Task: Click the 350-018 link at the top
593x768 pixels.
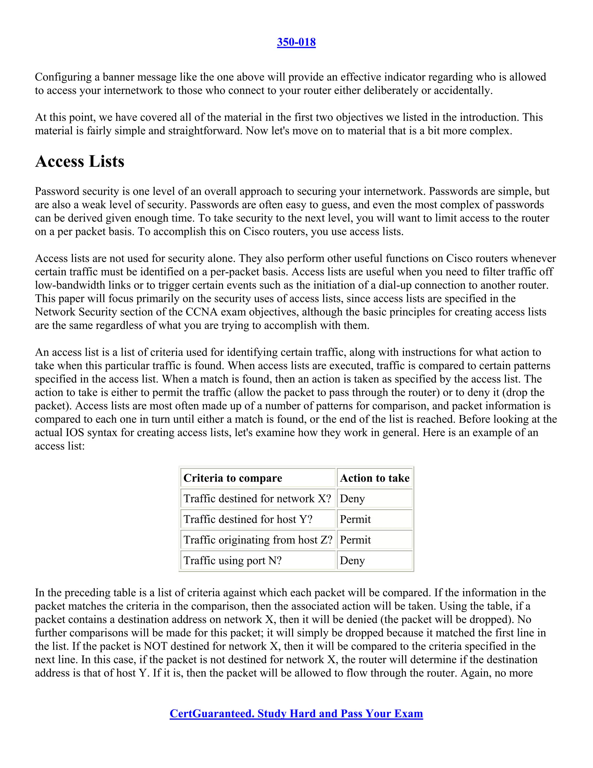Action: tap(296, 42)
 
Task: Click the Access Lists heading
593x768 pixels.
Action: tap(80, 162)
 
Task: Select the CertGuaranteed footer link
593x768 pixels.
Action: tap(296, 713)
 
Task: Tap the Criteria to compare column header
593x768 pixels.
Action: tap(233, 478)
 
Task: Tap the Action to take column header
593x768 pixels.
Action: tap(374, 478)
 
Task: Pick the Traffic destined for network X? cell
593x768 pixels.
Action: tap(257, 499)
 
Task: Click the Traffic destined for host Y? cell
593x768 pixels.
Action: tap(248, 519)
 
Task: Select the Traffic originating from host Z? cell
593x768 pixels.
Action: tap(257, 540)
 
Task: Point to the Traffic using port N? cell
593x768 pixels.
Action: tap(233, 560)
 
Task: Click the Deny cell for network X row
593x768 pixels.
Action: tap(352, 499)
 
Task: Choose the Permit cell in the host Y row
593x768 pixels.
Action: tap(355, 519)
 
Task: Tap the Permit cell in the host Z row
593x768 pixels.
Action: tap(355, 540)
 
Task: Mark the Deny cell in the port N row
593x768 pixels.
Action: tap(352, 560)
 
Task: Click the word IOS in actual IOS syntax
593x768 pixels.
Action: tap(75, 432)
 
